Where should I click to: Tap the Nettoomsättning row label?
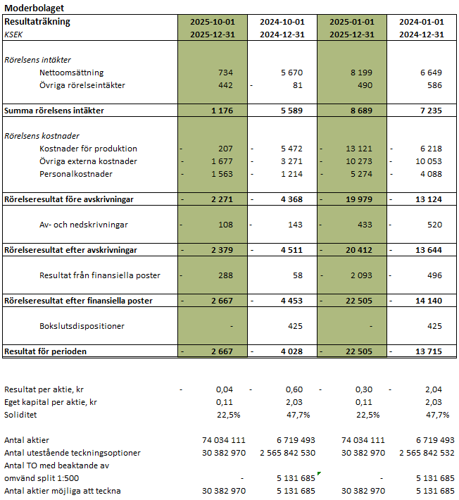tap(71, 73)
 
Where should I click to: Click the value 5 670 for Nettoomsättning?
tap(291, 73)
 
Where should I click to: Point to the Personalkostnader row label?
tap(76, 174)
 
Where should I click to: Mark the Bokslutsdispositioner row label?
tap(82, 326)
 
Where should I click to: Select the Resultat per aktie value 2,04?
tap(434, 389)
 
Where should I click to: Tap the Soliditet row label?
tap(20, 415)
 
